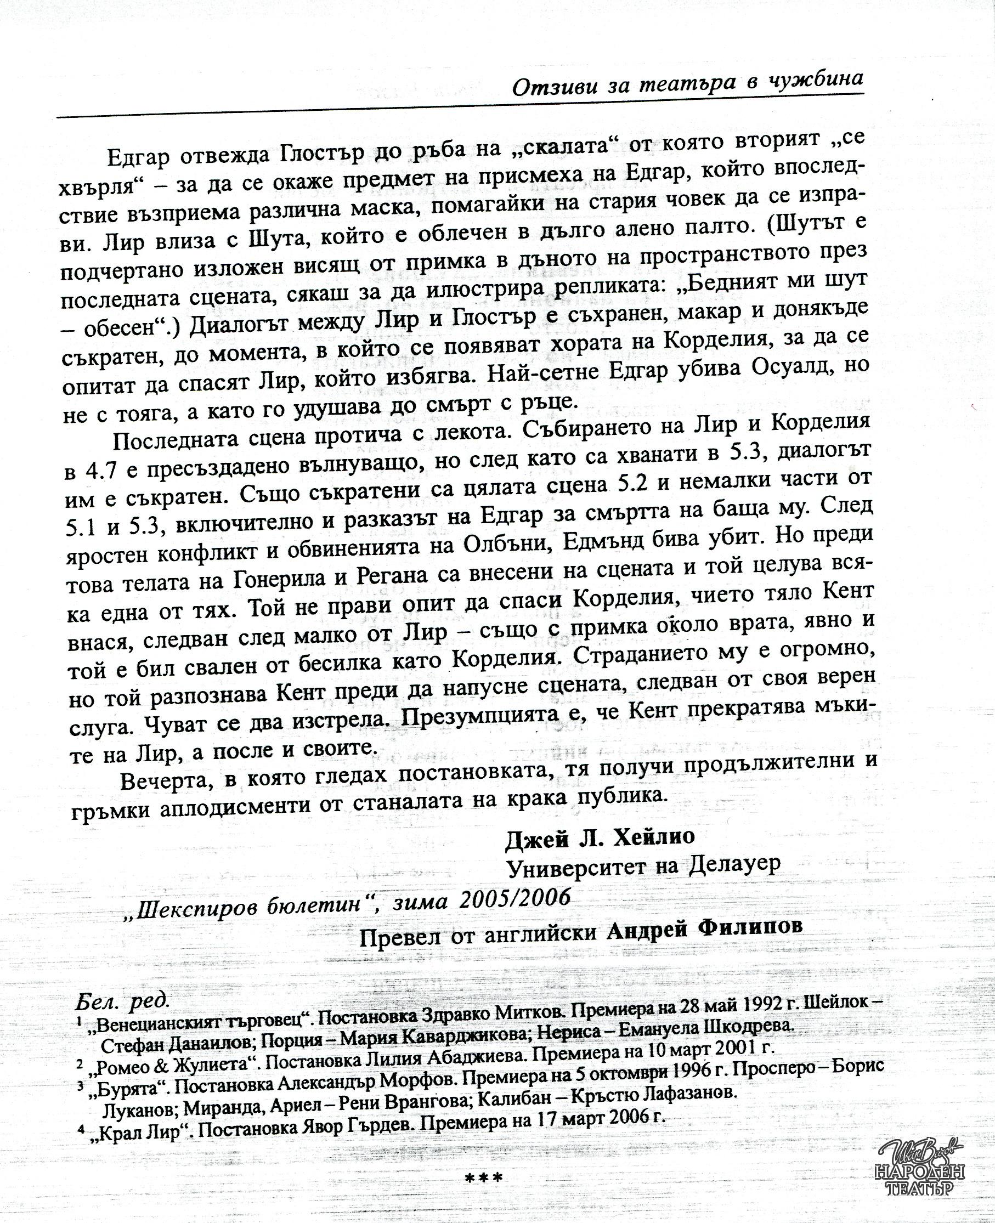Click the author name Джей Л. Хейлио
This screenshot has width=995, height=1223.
point(600,838)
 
